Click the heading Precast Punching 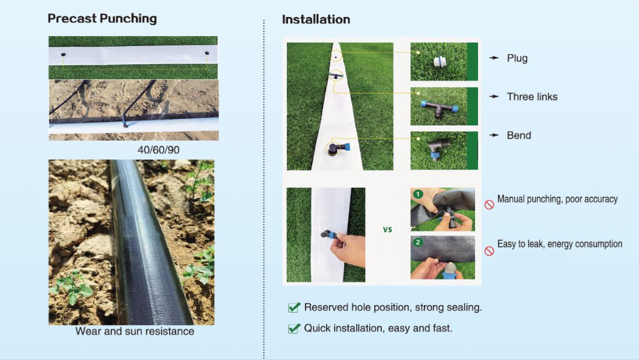tap(102, 19)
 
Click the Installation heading tap(316, 19)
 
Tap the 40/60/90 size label tap(159, 150)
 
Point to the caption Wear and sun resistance tap(135, 331)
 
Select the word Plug tap(517, 58)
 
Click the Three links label tap(532, 97)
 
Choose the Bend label tap(519, 135)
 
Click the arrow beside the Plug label tap(494, 58)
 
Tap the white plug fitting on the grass tap(440, 62)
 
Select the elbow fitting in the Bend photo tap(438, 149)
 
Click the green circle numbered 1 tap(417, 194)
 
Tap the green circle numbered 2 tap(417, 243)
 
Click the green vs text tap(388, 229)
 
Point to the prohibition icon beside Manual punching tap(489, 205)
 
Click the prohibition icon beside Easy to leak tap(489, 251)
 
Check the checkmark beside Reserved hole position tap(294, 307)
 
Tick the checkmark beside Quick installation tap(294, 328)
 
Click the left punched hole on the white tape tap(63, 54)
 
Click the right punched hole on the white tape tap(207, 54)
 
